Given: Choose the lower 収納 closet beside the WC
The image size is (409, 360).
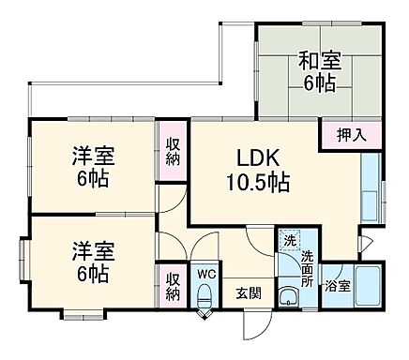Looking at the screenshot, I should click(x=174, y=286).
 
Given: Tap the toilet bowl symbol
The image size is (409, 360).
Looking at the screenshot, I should click(x=205, y=298).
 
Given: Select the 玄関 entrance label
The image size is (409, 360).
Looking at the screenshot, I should click(x=249, y=291).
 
